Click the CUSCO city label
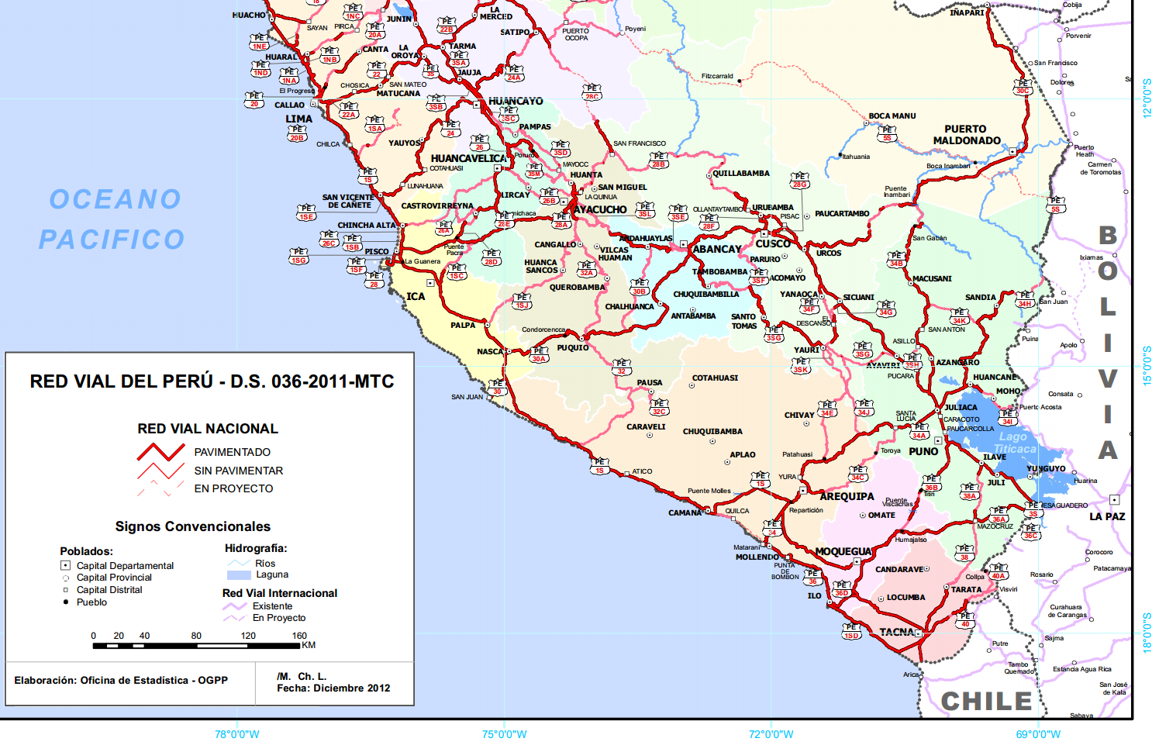[x=773, y=243]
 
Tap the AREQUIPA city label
[x=847, y=496]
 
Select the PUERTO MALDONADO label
[x=966, y=135]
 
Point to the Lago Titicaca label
[x=1014, y=443]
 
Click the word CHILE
[x=986, y=701]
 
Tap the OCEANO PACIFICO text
[x=113, y=219]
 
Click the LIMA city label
[x=298, y=119]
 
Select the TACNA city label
[x=896, y=632]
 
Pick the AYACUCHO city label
[x=601, y=209]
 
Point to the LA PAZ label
[x=1107, y=516]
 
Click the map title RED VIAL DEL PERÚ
[x=212, y=381]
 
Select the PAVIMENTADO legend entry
[x=232, y=452]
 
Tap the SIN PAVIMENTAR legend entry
[x=238, y=471]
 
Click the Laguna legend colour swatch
[x=239, y=575]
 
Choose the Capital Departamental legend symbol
[x=66, y=566]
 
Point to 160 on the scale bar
[x=299, y=636]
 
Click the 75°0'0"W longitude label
[x=504, y=734]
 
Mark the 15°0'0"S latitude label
[x=1147, y=365]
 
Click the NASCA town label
[x=489, y=351]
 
